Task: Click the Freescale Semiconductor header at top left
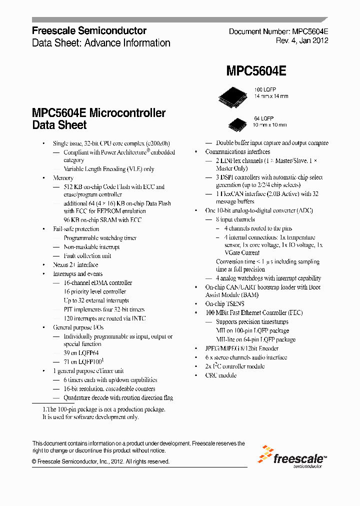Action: pos(89,31)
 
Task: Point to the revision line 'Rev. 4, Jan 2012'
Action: pos(302,40)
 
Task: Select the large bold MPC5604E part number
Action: pos(256,71)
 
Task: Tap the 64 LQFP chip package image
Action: pos(237,122)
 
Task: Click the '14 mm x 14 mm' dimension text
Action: pos(271,96)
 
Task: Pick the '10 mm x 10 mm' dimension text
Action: pos(270,124)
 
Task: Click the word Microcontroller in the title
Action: pos(127,113)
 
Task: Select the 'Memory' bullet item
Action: pos(63,177)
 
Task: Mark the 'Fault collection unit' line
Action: pos(87,256)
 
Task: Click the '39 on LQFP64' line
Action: pos(81,353)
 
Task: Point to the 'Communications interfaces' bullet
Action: pos(237,151)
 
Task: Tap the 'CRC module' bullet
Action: pos(220,375)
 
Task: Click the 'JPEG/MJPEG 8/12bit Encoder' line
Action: pos(242,348)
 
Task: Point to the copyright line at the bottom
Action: pos(100,461)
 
